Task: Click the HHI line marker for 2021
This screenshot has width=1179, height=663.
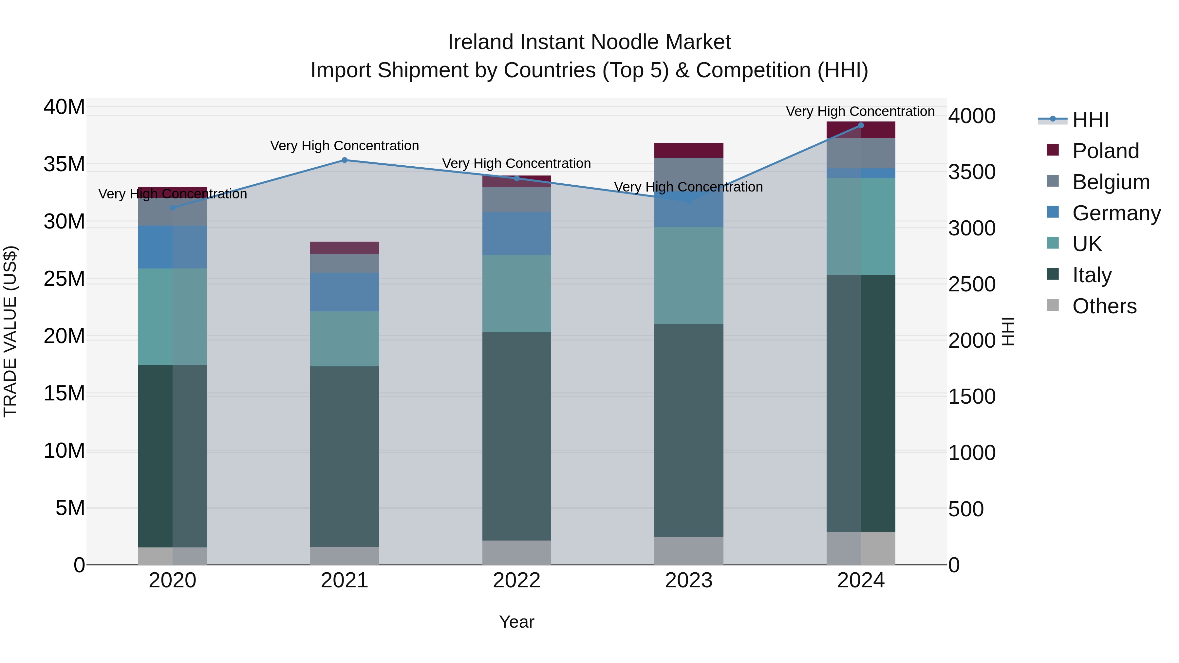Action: pyautogui.click(x=345, y=160)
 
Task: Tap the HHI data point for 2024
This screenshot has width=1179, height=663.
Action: pyautogui.click(x=860, y=125)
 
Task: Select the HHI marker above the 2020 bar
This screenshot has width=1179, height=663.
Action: pyautogui.click(x=173, y=208)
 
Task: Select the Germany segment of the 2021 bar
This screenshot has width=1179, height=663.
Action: pyautogui.click(x=345, y=292)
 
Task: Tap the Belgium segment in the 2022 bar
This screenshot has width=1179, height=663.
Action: pyautogui.click(x=517, y=199)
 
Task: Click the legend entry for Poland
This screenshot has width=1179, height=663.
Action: pyautogui.click(x=1105, y=151)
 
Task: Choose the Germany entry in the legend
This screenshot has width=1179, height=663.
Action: pyautogui.click(x=1116, y=213)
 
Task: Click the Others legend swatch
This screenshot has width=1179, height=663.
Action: pyautogui.click(x=1053, y=305)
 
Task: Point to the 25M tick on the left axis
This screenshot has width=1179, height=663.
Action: pyautogui.click(x=64, y=279)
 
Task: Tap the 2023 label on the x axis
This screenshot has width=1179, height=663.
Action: pyautogui.click(x=689, y=580)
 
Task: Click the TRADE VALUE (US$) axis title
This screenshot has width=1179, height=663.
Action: pyautogui.click(x=10, y=331)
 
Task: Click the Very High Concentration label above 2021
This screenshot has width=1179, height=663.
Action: pyautogui.click(x=345, y=145)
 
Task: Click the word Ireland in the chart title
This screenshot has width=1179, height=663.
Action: pyautogui.click(x=480, y=42)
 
